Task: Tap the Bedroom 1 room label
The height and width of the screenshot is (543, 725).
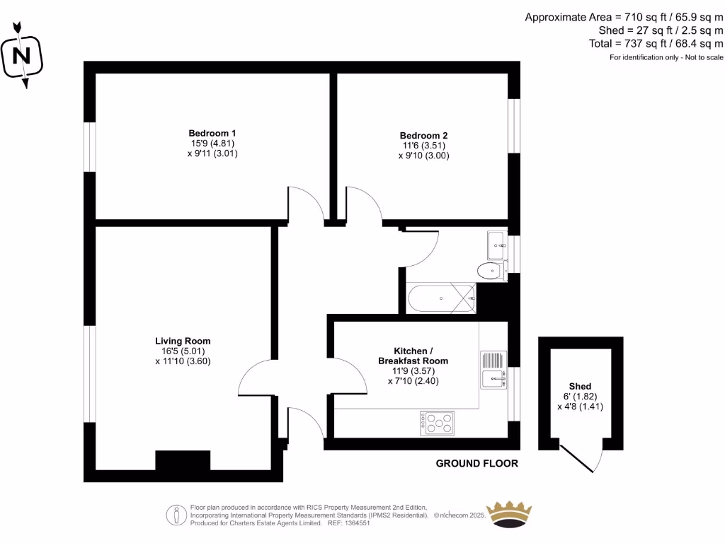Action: tap(212, 133)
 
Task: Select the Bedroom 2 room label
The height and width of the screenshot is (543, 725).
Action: tap(423, 136)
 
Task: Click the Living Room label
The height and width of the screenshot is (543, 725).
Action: tap(183, 341)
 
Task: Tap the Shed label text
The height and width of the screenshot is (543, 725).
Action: tap(580, 386)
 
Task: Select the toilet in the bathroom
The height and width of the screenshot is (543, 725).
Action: tap(491, 270)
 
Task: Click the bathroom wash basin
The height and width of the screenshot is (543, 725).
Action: tap(496, 245)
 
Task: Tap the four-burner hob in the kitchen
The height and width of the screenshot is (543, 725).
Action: tap(437, 423)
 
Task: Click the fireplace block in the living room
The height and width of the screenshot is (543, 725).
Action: tap(183, 460)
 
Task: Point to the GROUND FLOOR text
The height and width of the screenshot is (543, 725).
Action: tap(476, 464)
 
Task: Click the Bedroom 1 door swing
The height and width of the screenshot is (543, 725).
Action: tap(304, 205)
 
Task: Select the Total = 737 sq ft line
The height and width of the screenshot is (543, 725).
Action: tap(656, 44)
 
